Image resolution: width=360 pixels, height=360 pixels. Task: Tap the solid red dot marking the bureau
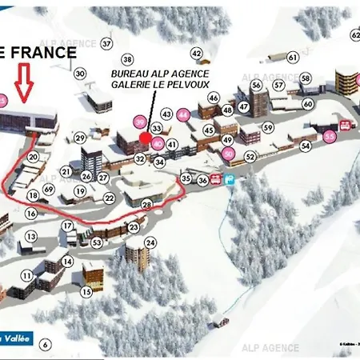(145, 138)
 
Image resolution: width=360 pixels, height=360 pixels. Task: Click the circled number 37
(106, 43)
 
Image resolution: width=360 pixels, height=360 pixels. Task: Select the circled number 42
(197, 53)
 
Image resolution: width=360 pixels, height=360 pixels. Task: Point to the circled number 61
(293, 57)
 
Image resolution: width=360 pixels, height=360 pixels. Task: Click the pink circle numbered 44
(183, 114)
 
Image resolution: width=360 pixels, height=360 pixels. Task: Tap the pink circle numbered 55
(330, 137)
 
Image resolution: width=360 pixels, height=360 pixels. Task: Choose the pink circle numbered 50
(229, 154)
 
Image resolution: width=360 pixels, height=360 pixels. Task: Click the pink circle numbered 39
(140, 122)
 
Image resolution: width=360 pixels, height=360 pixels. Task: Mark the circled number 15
(86, 292)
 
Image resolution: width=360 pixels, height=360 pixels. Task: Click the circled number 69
(49, 189)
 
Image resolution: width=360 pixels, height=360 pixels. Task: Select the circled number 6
(46, 344)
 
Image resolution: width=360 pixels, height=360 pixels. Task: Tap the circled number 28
(146, 205)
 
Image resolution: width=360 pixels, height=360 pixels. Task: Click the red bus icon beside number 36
(216, 180)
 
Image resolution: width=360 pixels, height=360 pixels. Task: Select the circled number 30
(80, 74)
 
